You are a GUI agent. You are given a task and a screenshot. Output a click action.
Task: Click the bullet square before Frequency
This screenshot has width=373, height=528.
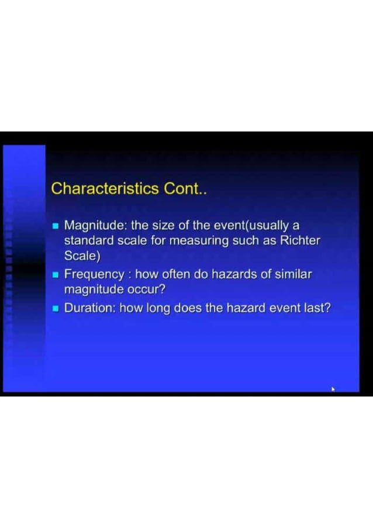pyautogui.click(x=56, y=274)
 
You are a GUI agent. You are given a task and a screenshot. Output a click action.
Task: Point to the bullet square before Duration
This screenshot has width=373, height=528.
pyautogui.click(x=56, y=308)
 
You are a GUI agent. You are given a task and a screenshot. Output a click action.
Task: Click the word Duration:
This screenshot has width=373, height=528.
pyautogui.click(x=90, y=308)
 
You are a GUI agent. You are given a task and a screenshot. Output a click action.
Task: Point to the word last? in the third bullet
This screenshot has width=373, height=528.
pyautogui.click(x=316, y=308)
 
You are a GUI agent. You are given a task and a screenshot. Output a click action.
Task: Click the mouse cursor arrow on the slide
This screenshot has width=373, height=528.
pyautogui.click(x=334, y=389)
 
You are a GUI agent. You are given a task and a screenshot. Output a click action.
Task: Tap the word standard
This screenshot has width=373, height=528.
pyautogui.click(x=87, y=241)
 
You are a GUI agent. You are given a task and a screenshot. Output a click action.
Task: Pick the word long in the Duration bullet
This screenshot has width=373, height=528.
pyautogui.click(x=158, y=308)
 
